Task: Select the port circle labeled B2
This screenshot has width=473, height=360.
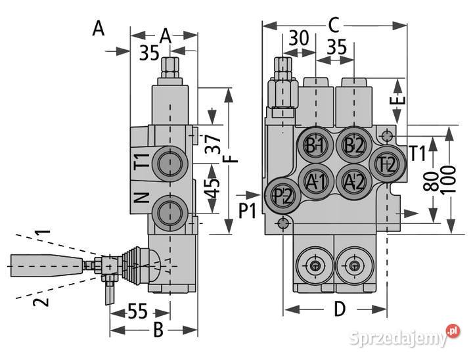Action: pos(354,145)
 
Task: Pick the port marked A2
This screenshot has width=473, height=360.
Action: pos(354,179)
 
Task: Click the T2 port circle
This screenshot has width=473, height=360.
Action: pos(387,163)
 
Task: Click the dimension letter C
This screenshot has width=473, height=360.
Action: pos(334,26)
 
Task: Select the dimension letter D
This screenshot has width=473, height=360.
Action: pos(340,309)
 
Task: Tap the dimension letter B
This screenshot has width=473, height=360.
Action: pos(158,330)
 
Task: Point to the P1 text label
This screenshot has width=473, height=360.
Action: pos(248,211)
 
